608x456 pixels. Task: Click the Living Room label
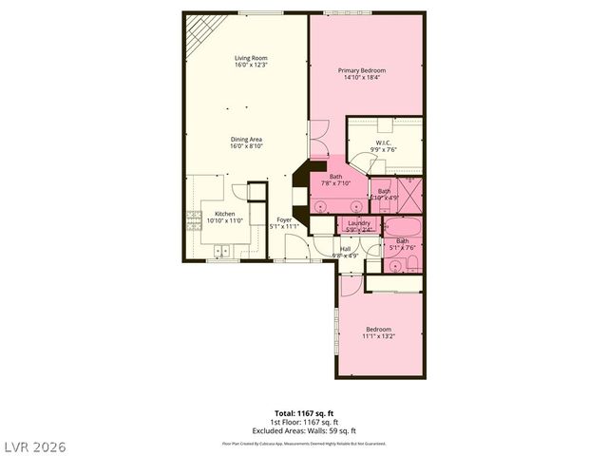pyautogui.click(x=252, y=58)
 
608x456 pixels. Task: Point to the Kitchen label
pyautogui.click(x=224, y=214)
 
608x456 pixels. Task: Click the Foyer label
pyautogui.click(x=284, y=220)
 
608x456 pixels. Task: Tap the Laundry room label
pyautogui.click(x=358, y=222)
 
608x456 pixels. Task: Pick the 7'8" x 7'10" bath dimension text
pyautogui.click(x=336, y=183)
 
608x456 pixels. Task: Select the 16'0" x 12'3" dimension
pyautogui.click(x=252, y=65)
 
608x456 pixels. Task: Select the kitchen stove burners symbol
pyautogui.click(x=190, y=220)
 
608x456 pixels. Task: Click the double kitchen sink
pyautogui.click(x=221, y=252)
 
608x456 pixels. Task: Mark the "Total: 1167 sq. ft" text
pyautogui.click(x=304, y=412)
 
